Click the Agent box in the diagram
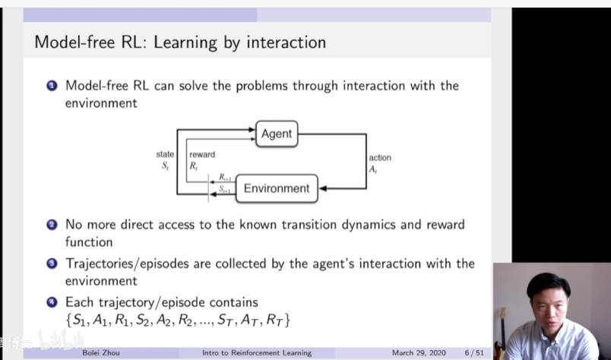point(276,134)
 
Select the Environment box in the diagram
point(276,188)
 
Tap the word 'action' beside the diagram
point(380,158)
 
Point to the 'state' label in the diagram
point(165,155)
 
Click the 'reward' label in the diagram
point(202,155)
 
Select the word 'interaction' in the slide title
point(283,42)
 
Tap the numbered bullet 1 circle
point(52,86)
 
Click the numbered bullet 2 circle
point(52,225)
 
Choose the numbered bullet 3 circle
point(52,264)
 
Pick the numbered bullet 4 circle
point(52,302)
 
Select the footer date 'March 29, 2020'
point(419,353)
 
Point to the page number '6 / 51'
point(475,353)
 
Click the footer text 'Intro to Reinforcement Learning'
point(257,353)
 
